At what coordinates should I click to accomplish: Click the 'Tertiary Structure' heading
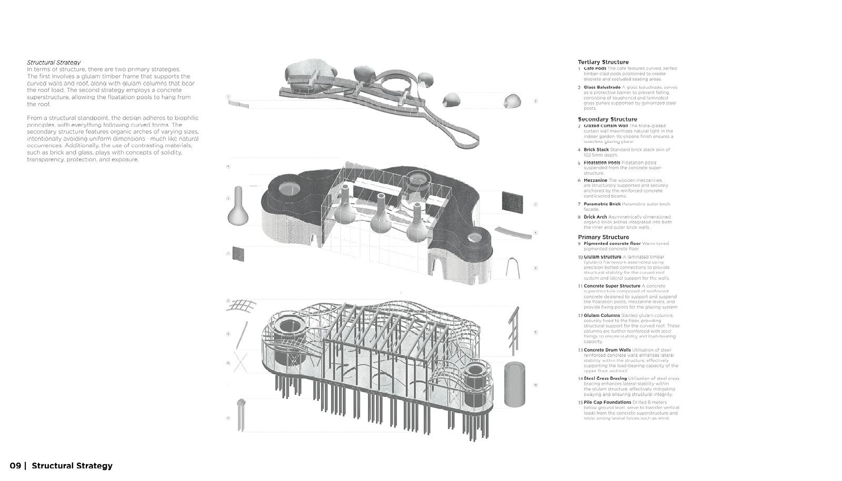click(603, 62)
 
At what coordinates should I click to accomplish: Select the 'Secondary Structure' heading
click(607, 119)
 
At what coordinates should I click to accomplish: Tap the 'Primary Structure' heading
click(603, 237)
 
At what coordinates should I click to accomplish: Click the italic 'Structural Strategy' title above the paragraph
click(54, 62)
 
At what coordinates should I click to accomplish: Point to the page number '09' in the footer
click(15, 466)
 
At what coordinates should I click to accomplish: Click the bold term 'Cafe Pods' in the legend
click(595, 68)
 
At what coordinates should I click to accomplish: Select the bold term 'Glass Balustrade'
click(602, 87)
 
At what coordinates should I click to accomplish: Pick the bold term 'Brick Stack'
click(596, 150)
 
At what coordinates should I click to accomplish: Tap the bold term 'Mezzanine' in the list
click(595, 180)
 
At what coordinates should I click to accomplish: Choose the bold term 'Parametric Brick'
click(602, 204)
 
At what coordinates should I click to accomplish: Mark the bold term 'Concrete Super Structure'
click(612, 286)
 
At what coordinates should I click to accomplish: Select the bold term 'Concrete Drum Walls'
click(607, 350)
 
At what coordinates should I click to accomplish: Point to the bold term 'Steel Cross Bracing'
click(605, 378)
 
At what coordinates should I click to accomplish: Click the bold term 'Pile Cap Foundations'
click(607, 402)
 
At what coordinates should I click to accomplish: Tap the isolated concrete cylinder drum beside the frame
click(515, 384)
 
